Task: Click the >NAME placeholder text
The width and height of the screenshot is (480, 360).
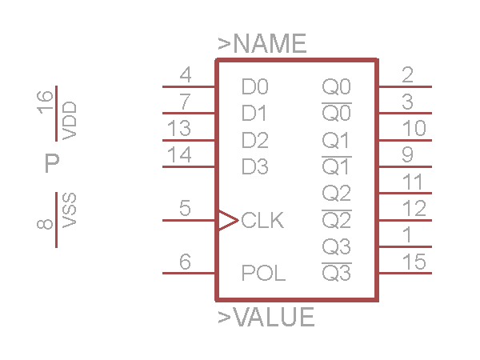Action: point(262,44)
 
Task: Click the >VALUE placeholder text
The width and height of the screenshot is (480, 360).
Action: point(266,318)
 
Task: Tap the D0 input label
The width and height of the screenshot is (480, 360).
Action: point(255,86)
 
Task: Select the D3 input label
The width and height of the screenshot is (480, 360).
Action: point(255,167)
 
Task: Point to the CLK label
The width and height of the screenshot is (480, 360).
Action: point(262,220)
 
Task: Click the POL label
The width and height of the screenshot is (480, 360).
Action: point(263,274)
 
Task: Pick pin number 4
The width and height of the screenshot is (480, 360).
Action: point(186,76)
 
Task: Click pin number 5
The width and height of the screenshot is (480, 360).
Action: point(186,210)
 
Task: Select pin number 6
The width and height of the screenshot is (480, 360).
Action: point(186,262)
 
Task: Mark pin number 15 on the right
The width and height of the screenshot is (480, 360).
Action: point(414,262)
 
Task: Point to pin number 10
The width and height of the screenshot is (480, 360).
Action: point(414,129)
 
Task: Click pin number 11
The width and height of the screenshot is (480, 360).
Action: point(414,182)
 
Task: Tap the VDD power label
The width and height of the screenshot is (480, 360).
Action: point(70,120)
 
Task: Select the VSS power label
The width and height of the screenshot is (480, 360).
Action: point(70,210)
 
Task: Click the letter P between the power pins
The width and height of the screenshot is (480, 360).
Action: point(52,165)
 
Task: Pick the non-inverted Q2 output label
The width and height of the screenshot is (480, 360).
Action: point(336,194)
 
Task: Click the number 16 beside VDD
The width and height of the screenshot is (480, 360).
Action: point(46,102)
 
